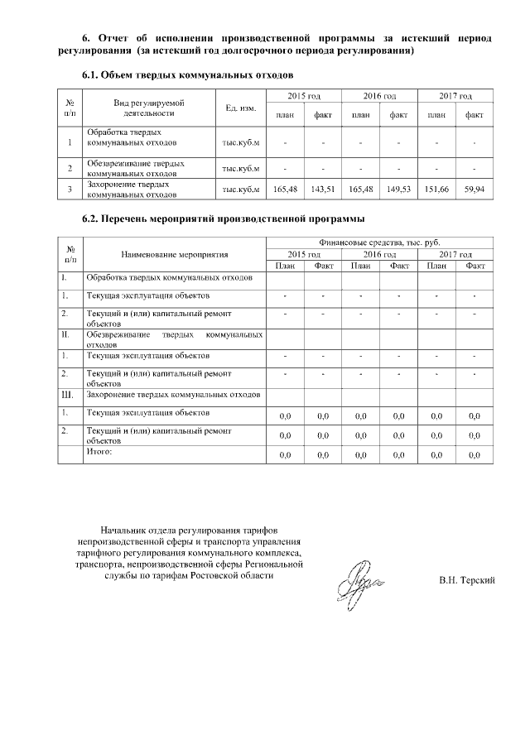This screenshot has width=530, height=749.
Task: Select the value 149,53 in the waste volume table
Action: coord(398,190)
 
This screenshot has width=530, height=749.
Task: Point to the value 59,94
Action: coord(474,190)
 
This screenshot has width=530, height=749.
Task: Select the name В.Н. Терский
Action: coord(466,580)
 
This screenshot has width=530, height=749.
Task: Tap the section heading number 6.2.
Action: coord(90,219)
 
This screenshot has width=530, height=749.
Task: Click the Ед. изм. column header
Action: coord(240,108)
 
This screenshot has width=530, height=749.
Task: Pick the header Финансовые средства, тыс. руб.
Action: coord(378,243)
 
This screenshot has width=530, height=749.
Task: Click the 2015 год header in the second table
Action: coord(303,254)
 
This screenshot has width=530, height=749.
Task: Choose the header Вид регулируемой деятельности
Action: coord(149,108)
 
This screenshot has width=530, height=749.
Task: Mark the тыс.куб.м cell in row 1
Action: coord(240,142)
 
